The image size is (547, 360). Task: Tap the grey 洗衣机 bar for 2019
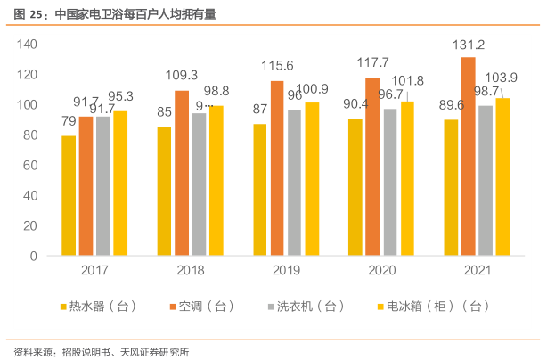click(294, 183)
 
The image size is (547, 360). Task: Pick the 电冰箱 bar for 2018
click(216, 180)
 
